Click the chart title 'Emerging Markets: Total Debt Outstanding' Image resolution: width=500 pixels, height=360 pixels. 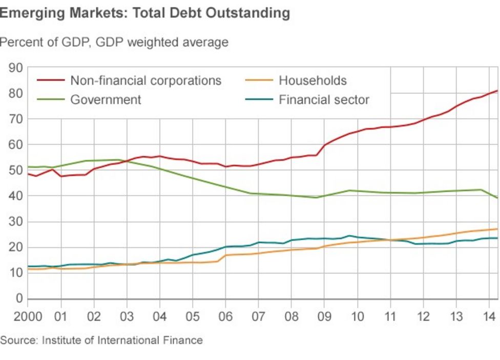[144, 13]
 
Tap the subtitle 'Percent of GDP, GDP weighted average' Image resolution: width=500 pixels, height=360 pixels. [114, 42]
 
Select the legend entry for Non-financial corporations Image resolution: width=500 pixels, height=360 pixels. [145, 80]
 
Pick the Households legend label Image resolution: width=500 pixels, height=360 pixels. [312, 80]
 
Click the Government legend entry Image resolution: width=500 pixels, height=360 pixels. [106, 99]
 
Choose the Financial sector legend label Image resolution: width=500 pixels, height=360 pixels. [324, 99]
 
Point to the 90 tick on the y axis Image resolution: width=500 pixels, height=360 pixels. [15, 68]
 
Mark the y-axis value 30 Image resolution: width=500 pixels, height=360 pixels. [15, 222]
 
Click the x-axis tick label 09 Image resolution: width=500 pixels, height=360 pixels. [324, 315]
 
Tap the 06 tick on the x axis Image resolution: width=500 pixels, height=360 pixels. [225, 315]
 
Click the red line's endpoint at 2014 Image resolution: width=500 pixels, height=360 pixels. [497, 91]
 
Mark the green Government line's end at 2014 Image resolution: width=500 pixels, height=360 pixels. [497, 198]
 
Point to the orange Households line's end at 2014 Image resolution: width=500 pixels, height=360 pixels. [497, 229]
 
